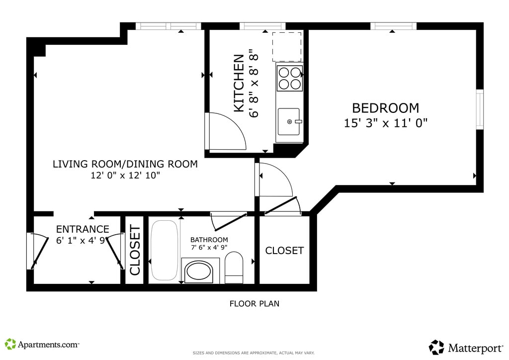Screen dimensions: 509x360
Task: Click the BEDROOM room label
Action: [385, 108]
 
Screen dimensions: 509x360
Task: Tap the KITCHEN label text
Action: [239, 83]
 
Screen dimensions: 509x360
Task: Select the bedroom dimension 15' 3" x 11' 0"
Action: [386, 123]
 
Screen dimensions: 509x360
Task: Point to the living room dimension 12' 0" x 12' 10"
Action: [125, 176]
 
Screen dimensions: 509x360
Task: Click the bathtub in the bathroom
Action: [164, 250]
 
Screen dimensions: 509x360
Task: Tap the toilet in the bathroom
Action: [234, 268]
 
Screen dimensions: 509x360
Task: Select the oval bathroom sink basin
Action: [198, 272]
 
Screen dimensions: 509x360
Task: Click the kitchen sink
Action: [289, 122]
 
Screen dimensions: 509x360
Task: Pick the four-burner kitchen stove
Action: [290, 78]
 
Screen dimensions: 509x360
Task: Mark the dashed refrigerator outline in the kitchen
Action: [287, 47]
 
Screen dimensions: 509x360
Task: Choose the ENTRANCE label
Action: [83, 229]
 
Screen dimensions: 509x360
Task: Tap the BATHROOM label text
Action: [209, 240]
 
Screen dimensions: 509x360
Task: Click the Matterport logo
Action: [466, 348]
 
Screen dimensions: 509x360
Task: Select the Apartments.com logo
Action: [42, 345]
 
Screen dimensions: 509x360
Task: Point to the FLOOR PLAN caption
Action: [254, 304]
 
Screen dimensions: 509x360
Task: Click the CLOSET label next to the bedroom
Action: [284, 251]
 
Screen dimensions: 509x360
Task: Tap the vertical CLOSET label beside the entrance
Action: [135, 250]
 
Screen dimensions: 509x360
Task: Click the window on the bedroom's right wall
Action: [480, 109]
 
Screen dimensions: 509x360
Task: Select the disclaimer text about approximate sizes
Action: [254, 353]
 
